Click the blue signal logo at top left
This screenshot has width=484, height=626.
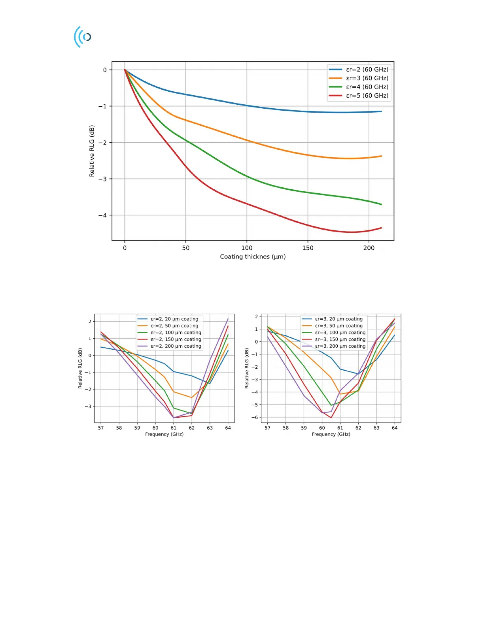[x=83, y=37]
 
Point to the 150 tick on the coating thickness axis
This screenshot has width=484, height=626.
[x=308, y=248]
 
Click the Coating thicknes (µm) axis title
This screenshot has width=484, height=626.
[x=253, y=257]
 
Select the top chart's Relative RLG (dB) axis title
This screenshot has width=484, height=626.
[x=92, y=151]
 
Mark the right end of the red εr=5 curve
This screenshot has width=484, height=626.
[x=381, y=228]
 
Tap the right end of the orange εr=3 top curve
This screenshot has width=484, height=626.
[x=381, y=156]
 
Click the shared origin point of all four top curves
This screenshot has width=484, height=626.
[x=125, y=70]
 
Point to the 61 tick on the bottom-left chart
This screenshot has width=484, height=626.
[x=174, y=428]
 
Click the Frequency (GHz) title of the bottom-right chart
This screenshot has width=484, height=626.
[x=331, y=434]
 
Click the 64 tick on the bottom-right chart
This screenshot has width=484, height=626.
[x=395, y=428]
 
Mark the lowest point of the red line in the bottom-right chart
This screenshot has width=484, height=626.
[x=331, y=418]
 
